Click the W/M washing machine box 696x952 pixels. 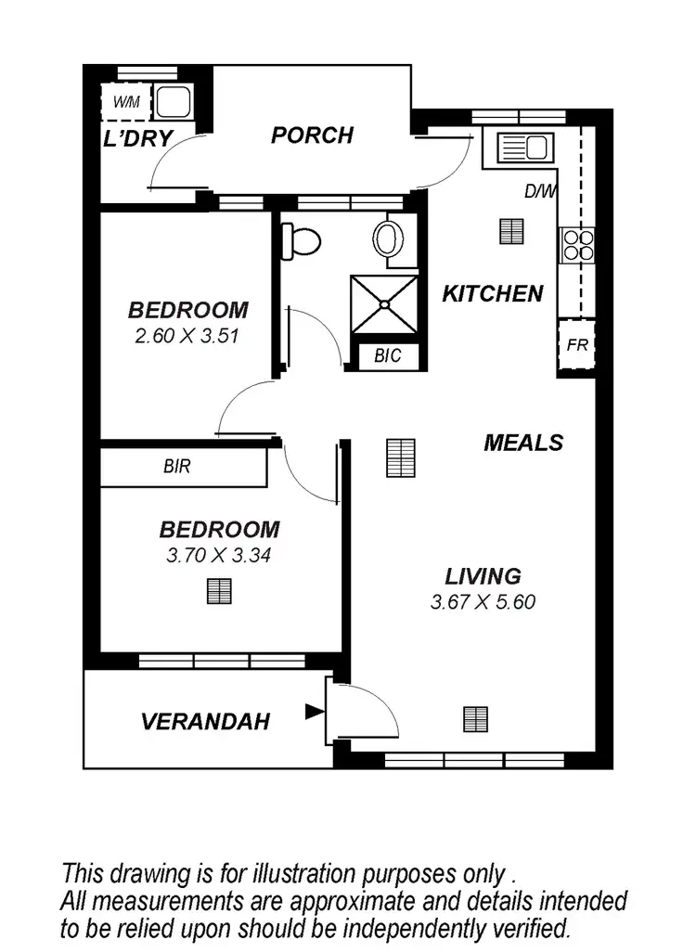pos(126,102)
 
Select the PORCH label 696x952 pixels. pos(312,135)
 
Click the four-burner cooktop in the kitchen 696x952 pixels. pos(576,243)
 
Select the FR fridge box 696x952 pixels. pos(576,346)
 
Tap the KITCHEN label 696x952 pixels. pos(492,294)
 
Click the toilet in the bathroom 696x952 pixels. pos(301,241)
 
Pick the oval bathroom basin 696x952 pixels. pos(389,239)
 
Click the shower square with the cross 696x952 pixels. pos(385,302)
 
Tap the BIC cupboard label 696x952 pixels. pos(388,355)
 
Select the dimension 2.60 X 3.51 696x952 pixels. pos(187,336)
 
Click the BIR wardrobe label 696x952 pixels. pos(176,467)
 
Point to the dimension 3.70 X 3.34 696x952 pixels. pos(219,556)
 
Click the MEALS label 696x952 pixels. pos(523,443)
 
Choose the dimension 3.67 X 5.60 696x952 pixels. pos(483,602)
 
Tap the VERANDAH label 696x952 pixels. pos(205,721)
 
